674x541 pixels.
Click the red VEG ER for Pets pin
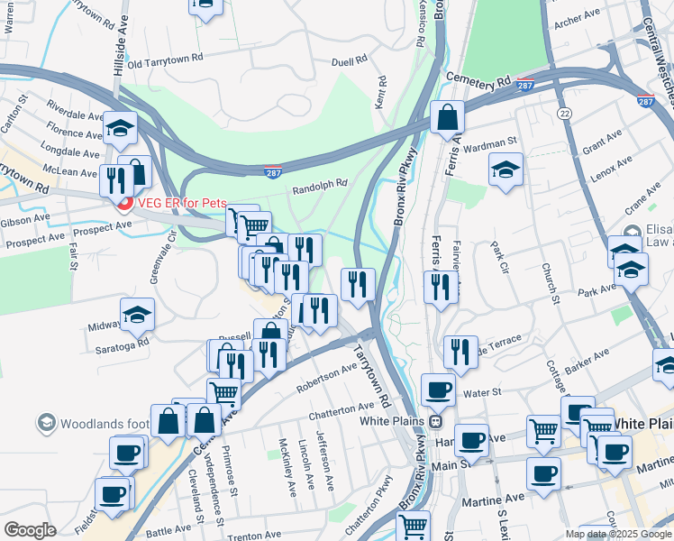(x=125, y=202)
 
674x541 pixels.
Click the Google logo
(x=30, y=530)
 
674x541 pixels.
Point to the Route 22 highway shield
(x=563, y=112)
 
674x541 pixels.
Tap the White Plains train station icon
(x=435, y=421)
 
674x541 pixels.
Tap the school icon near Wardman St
(x=506, y=169)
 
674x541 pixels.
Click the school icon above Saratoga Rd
(x=137, y=313)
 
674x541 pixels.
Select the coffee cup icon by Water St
(x=439, y=390)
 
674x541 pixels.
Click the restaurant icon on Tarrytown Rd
(x=358, y=284)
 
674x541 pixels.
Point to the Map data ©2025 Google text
(x=617, y=534)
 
